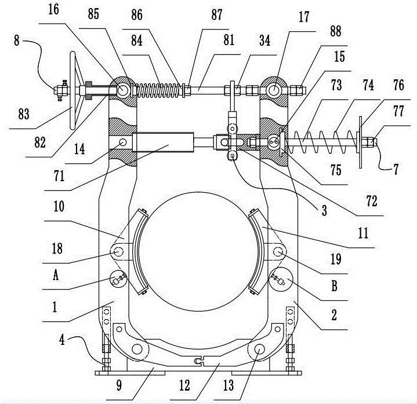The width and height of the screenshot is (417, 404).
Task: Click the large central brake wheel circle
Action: [x=198, y=251]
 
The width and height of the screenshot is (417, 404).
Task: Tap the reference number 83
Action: [x=24, y=115]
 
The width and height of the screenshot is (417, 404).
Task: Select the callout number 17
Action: [x=304, y=16]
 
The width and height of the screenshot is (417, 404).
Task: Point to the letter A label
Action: [x=56, y=275]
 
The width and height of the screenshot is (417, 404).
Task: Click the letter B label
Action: [x=334, y=286]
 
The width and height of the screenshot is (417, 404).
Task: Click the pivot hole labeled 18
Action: [x=119, y=251]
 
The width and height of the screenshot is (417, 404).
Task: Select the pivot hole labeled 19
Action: [x=278, y=251]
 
